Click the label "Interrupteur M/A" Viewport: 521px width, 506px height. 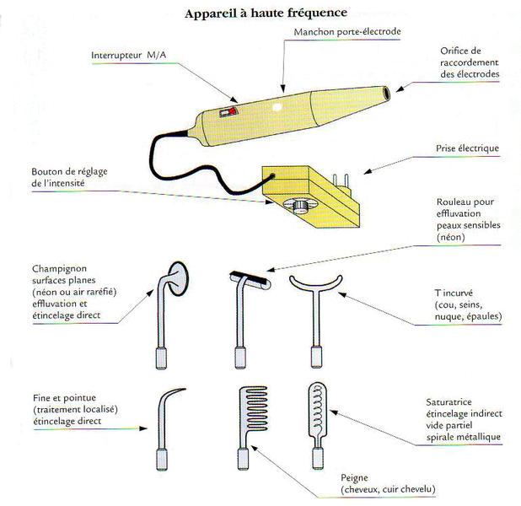tap(128, 56)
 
